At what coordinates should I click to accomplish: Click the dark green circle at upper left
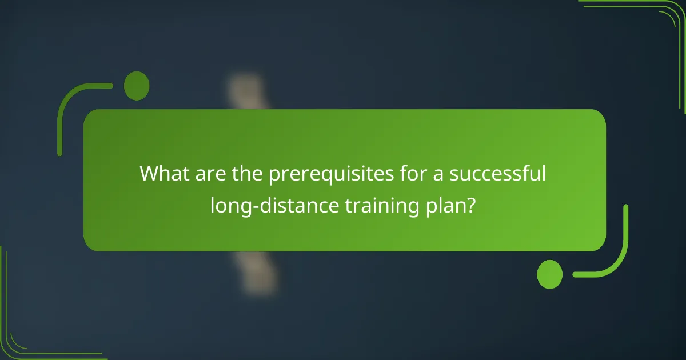coord(137,86)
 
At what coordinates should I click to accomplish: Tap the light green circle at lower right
coord(550,274)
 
